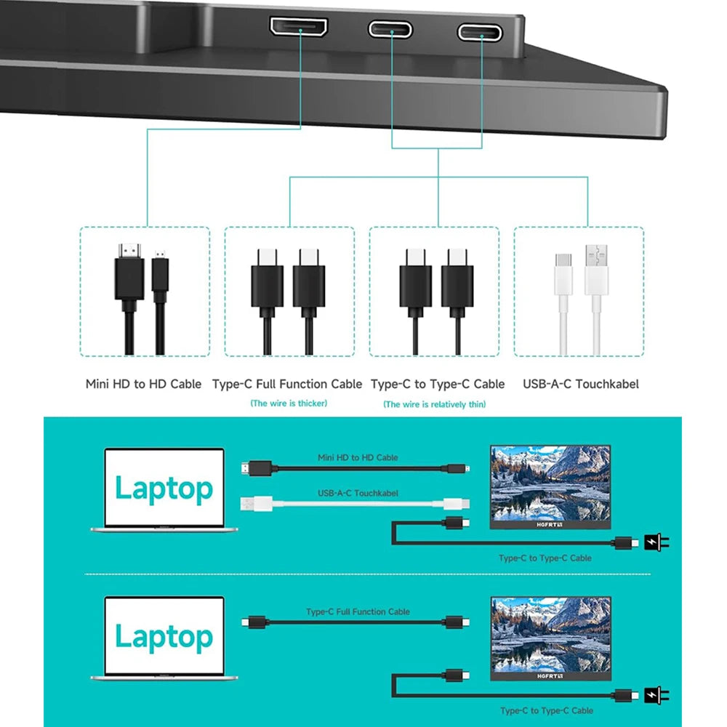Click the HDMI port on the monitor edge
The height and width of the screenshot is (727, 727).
(x=299, y=27)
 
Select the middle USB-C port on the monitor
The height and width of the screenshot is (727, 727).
(x=390, y=29)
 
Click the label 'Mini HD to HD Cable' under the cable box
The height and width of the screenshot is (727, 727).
(x=143, y=384)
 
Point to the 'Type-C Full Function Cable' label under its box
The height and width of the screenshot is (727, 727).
(x=287, y=384)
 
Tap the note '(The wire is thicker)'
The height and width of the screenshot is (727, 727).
(x=289, y=403)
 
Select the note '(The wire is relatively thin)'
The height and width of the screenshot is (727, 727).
(x=434, y=403)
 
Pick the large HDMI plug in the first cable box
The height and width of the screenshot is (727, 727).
(x=129, y=276)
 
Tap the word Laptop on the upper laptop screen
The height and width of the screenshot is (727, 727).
(x=164, y=489)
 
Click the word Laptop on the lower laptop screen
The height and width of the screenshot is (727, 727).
(x=164, y=637)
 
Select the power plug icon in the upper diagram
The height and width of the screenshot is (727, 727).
(x=655, y=542)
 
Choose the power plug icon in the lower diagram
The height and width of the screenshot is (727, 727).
(x=655, y=695)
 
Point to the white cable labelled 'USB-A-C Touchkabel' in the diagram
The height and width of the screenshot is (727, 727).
(x=356, y=503)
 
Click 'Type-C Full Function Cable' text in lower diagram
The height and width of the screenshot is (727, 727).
(x=358, y=612)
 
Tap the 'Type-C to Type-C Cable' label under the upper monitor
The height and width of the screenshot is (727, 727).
(x=545, y=558)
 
